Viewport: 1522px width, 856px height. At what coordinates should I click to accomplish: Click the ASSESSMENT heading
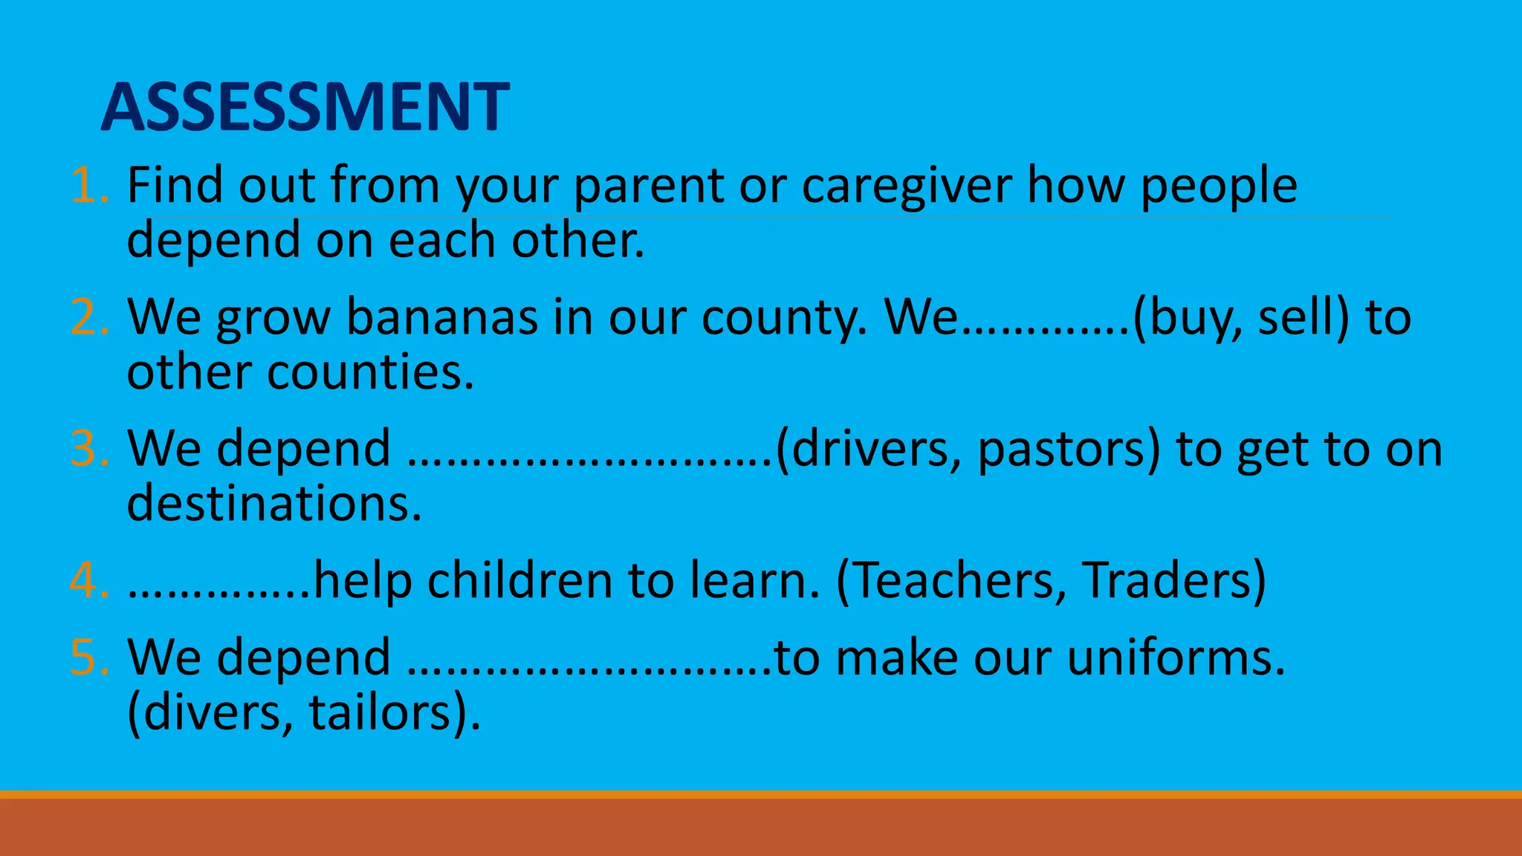pyautogui.click(x=305, y=107)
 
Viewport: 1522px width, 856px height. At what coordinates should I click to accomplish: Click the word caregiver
pyautogui.click(x=907, y=186)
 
